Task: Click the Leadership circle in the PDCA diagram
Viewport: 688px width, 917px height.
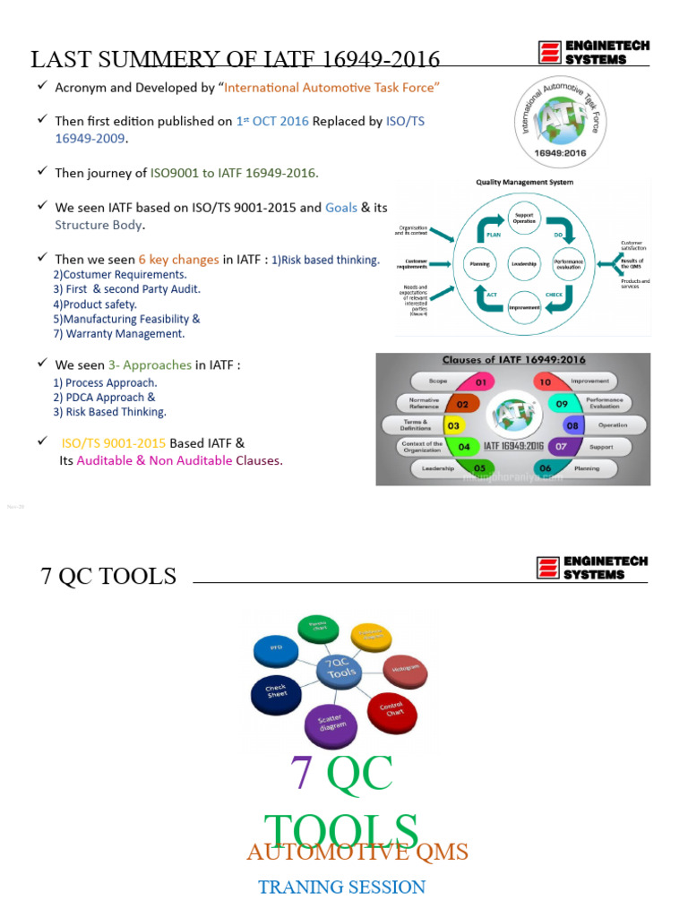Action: click(523, 264)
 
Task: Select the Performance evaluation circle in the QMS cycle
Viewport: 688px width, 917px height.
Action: click(568, 264)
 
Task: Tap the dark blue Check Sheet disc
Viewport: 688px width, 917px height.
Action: click(275, 692)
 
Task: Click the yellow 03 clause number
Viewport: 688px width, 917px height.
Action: click(454, 425)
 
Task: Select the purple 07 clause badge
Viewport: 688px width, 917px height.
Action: click(561, 445)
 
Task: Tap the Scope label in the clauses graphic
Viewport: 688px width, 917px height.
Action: click(438, 381)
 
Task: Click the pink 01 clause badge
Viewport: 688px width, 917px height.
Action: click(480, 382)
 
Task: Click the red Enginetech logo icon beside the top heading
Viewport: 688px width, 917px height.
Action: click(549, 52)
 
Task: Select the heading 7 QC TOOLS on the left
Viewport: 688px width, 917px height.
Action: click(108, 576)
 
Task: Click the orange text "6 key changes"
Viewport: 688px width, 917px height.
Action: click(178, 260)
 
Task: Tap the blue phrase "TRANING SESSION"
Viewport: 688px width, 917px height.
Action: click(342, 887)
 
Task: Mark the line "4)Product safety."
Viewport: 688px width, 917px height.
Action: click(95, 304)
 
